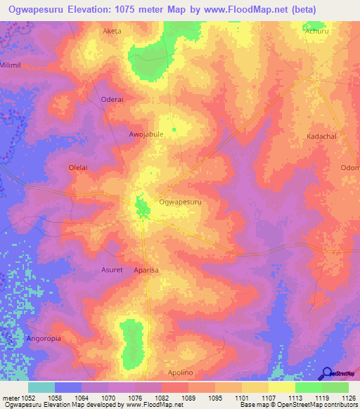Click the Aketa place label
coord(112,31)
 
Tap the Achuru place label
coord(317,31)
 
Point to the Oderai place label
coord(112,99)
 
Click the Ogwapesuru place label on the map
coord(181,202)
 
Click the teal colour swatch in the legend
coord(41,387)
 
